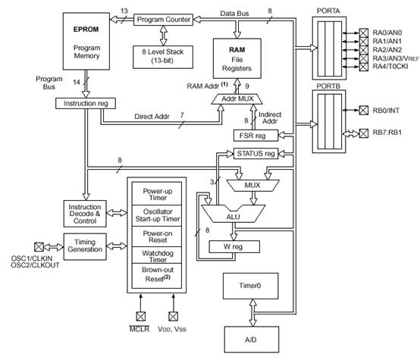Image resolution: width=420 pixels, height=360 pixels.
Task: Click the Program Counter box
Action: click(163, 20)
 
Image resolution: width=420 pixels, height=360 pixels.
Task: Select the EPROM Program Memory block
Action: click(86, 41)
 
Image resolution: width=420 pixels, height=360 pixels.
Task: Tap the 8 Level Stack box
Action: click(163, 57)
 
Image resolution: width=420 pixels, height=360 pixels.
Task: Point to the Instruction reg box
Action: click(86, 103)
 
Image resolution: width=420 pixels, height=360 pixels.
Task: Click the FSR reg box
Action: click(255, 136)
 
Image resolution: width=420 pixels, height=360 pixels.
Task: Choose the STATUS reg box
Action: click(255, 154)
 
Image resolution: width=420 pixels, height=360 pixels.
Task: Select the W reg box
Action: click(234, 247)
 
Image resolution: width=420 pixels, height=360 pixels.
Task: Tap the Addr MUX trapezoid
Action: click(237, 99)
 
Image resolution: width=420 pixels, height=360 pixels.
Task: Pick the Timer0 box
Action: click(250, 286)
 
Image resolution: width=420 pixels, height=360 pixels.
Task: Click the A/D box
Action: click(252, 340)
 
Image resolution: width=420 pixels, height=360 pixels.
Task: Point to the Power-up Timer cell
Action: click(157, 194)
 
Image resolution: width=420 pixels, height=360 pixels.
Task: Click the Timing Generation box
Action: click(85, 246)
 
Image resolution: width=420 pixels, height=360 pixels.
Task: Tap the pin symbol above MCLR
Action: click(141, 316)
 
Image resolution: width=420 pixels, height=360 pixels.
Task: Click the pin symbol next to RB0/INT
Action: click(363, 110)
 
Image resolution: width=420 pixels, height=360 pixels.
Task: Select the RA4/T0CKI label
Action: click(390, 66)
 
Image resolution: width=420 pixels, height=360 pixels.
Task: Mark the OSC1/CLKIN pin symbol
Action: click(39, 247)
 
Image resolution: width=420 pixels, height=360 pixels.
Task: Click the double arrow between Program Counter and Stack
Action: click(164, 36)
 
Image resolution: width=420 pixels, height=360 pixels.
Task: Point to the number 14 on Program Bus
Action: click(77, 82)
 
